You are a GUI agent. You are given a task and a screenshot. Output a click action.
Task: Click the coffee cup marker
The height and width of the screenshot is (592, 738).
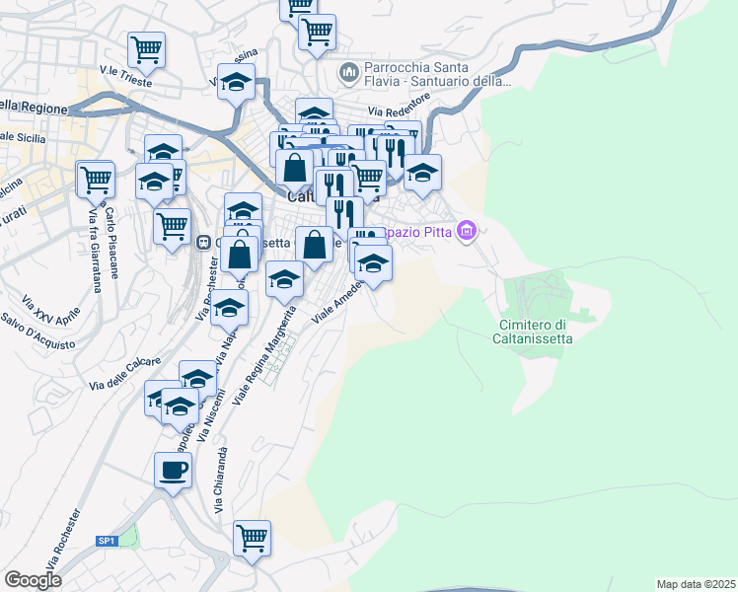pos(173,470)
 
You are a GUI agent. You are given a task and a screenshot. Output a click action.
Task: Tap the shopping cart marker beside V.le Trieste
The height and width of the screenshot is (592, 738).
pos(146,48)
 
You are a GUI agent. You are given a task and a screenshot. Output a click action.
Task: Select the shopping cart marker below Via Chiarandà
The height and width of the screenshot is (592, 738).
pos(252,539)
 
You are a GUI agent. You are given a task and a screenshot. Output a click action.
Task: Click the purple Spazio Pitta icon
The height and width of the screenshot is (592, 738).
pos(468,233)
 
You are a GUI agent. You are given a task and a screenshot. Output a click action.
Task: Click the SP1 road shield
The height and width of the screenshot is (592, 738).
pos(107,541)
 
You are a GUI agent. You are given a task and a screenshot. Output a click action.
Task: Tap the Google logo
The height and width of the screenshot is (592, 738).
pos(33,580)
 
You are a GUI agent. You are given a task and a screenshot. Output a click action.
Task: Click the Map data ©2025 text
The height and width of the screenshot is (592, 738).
pos(697,583)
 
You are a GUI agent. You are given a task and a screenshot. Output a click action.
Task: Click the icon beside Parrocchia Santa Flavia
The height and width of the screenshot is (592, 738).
pos(347,72)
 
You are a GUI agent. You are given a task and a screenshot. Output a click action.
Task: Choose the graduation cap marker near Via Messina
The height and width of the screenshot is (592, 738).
pos(236,82)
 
